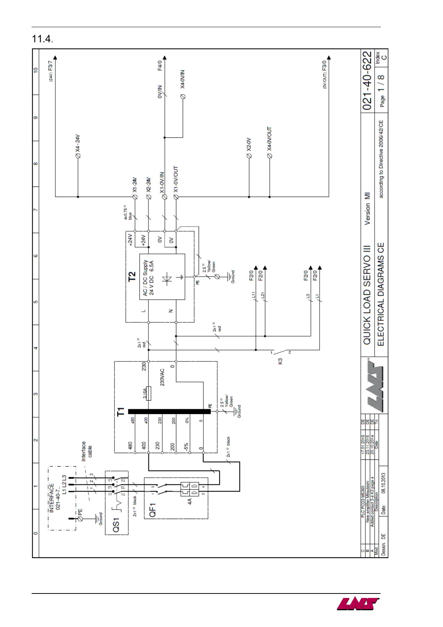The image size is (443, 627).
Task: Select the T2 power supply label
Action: coord(132,277)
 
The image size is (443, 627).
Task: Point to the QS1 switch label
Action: coord(116,525)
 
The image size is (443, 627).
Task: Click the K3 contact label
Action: coord(280,361)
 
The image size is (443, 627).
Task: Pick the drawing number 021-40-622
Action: coord(367,81)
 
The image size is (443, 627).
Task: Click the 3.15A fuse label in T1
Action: coord(145,393)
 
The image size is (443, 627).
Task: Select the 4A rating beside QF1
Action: coord(190,502)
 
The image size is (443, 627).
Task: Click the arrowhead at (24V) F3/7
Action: coord(55,58)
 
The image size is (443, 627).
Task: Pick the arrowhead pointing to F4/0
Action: coord(165,58)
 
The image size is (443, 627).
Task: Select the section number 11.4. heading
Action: coord(42,39)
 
